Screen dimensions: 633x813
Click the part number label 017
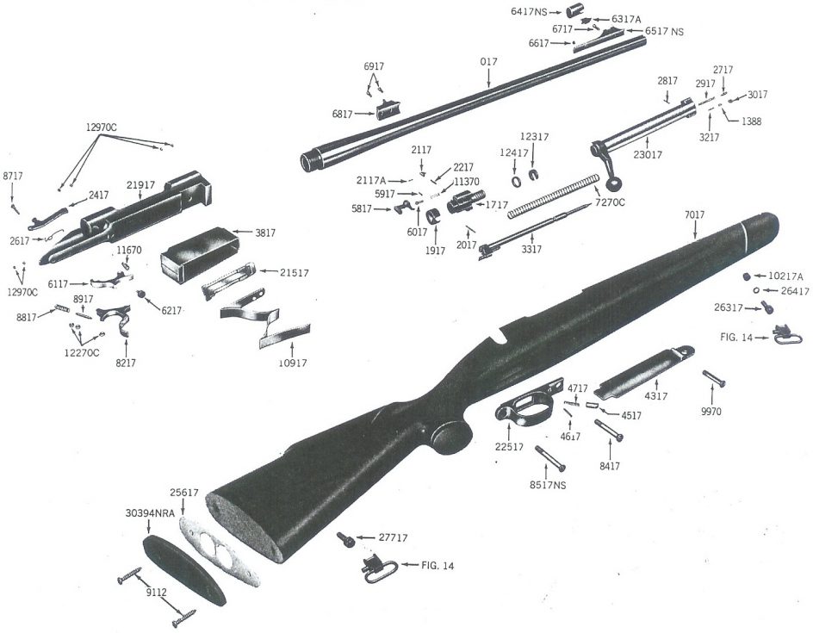[487, 62]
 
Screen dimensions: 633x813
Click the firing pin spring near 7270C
[551, 197]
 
